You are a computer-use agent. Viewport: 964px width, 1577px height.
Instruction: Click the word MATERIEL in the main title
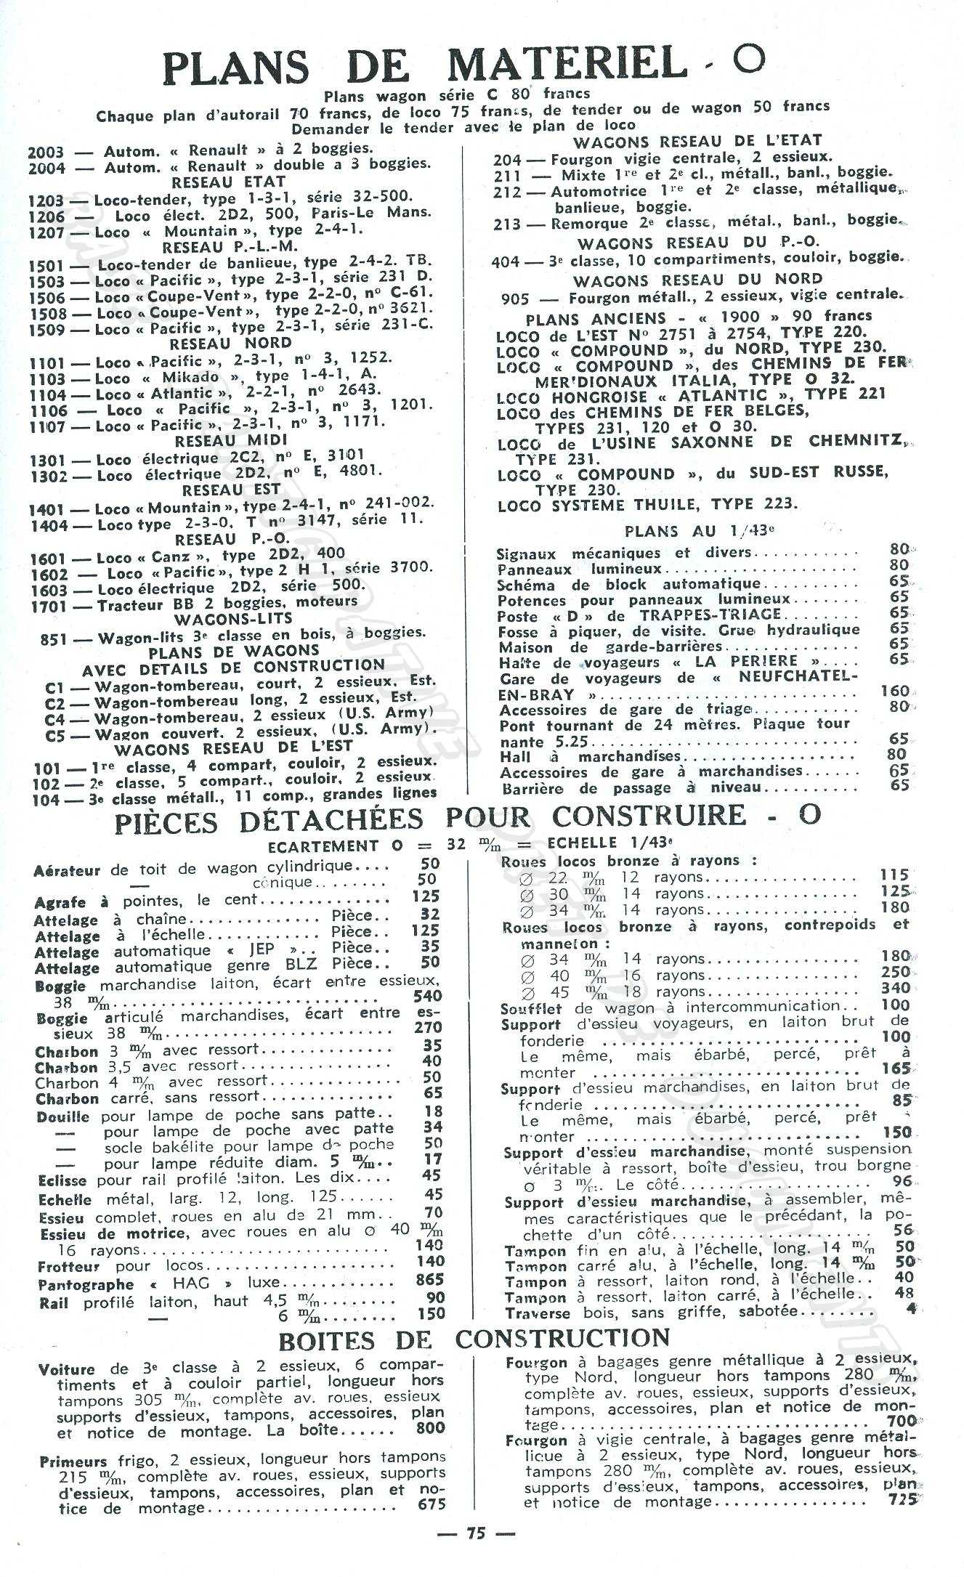(x=567, y=65)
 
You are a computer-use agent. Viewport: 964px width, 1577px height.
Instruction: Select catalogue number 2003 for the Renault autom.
(x=45, y=153)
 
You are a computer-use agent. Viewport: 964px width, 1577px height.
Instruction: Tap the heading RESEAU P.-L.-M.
(x=229, y=247)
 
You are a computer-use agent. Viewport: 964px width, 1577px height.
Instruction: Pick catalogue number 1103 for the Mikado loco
(x=47, y=378)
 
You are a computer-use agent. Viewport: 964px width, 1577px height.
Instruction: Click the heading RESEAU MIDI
(x=231, y=441)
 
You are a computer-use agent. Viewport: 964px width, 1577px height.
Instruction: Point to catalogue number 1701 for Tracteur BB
(x=49, y=606)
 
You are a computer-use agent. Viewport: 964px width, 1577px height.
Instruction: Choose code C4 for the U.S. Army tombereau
(x=54, y=719)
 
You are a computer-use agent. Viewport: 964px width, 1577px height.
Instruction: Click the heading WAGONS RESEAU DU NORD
(x=697, y=280)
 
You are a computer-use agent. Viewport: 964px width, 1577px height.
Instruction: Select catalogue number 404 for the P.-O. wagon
(x=505, y=261)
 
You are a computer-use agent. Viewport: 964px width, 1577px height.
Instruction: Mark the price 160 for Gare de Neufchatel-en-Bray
(x=895, y=691)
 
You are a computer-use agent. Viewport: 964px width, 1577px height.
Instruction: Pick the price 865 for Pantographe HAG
(x=430, y=1279)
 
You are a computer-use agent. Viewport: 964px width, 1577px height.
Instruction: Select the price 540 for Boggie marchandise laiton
(x=427, y=997)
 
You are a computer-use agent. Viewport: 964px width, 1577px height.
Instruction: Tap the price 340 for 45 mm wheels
(x=895, y=988)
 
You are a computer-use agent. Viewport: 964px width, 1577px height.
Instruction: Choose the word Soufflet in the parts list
(x=530, y=1009)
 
